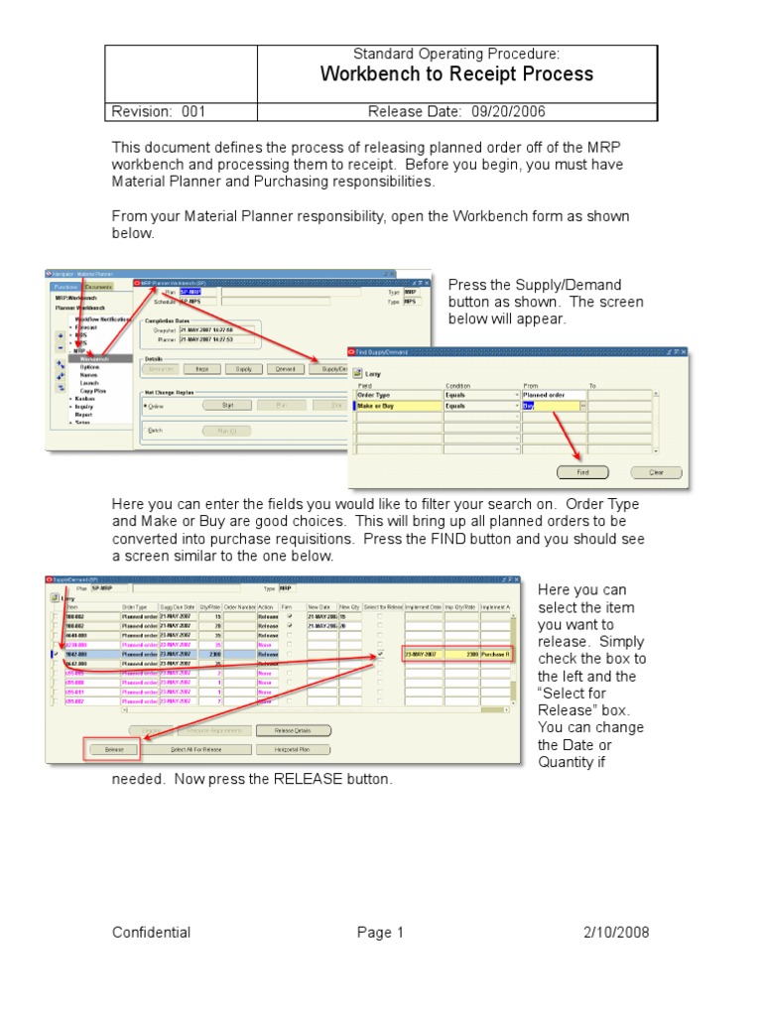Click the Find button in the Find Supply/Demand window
tap(583, 472)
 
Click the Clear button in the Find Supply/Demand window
tap(657, 472)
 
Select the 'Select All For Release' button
tap(196, 750)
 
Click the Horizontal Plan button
tap(294, 750)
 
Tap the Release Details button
tap(294, 730)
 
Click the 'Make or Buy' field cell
tap(397, 406)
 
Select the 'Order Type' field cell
tap(397, 394)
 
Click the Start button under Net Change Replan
tap(227, 405)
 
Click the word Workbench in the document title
tap(366, 74)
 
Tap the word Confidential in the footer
tap(152, 933)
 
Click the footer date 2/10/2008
tap(617, 933)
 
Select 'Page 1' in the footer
tap(381, 933)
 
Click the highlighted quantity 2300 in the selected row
tap(470, 655)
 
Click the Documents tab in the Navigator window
tap(98, 287)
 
